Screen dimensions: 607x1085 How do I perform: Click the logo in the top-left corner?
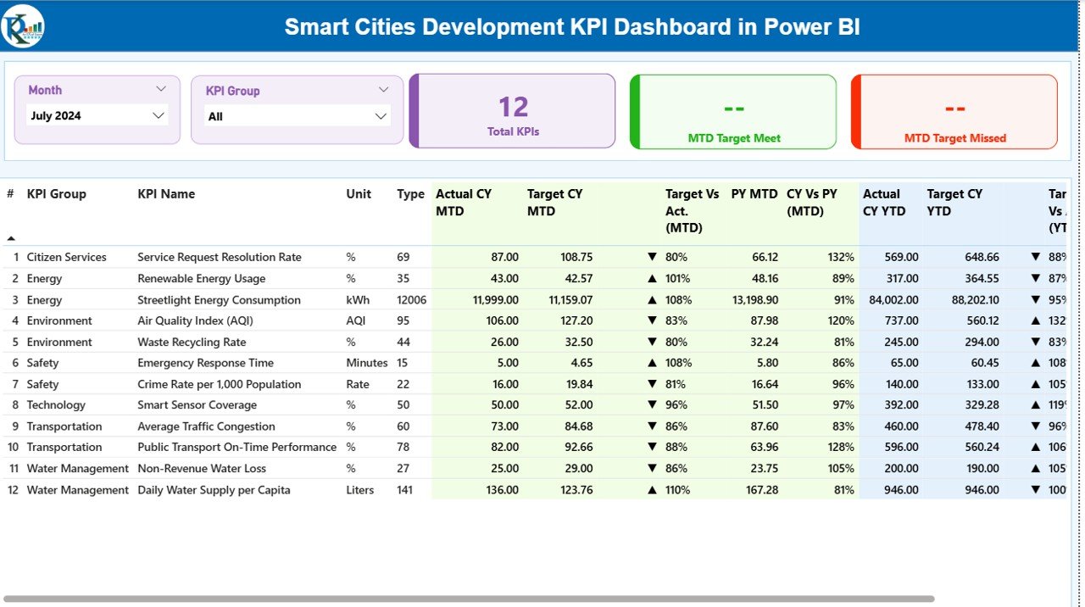tap(23, 26)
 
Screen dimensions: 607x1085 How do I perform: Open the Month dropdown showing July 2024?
tap(97, 115)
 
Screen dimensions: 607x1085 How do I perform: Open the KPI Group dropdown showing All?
tap(297, 116)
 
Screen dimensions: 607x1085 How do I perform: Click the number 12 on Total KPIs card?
tap(513, 107)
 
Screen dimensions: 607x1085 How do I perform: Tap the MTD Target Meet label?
tap(734, 138)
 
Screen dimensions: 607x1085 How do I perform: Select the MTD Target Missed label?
tap(954, 138)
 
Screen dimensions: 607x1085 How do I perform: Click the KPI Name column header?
tap(166, 194)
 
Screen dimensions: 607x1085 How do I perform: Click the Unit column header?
tap(359, 194)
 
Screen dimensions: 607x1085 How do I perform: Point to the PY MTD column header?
tap(754, 194)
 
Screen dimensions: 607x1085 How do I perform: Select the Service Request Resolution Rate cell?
tap(220, 257)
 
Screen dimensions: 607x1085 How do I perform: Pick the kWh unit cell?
tap(358, 300)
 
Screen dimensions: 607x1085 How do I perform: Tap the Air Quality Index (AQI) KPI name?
tap(195, 320)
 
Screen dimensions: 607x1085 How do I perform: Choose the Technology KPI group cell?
tap(56, 405)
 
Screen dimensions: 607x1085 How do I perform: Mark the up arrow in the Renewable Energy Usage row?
tap(652, 278)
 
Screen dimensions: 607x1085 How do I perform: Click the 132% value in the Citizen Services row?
tap(841, 257)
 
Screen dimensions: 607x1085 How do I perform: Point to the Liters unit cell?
tap(360, 490)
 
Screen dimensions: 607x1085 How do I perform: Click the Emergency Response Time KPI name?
tap(205, 363)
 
